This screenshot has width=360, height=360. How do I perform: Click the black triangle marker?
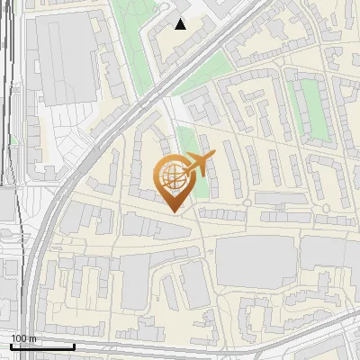click(181, 24)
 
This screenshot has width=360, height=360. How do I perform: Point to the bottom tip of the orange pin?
click(173, 211)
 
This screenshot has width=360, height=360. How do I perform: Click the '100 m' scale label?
click(23, 338)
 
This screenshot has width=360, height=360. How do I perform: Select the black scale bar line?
click(42, 346)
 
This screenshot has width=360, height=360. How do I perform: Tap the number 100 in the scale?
click(20, 338)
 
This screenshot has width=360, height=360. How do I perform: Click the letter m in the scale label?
click(33, 339)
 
